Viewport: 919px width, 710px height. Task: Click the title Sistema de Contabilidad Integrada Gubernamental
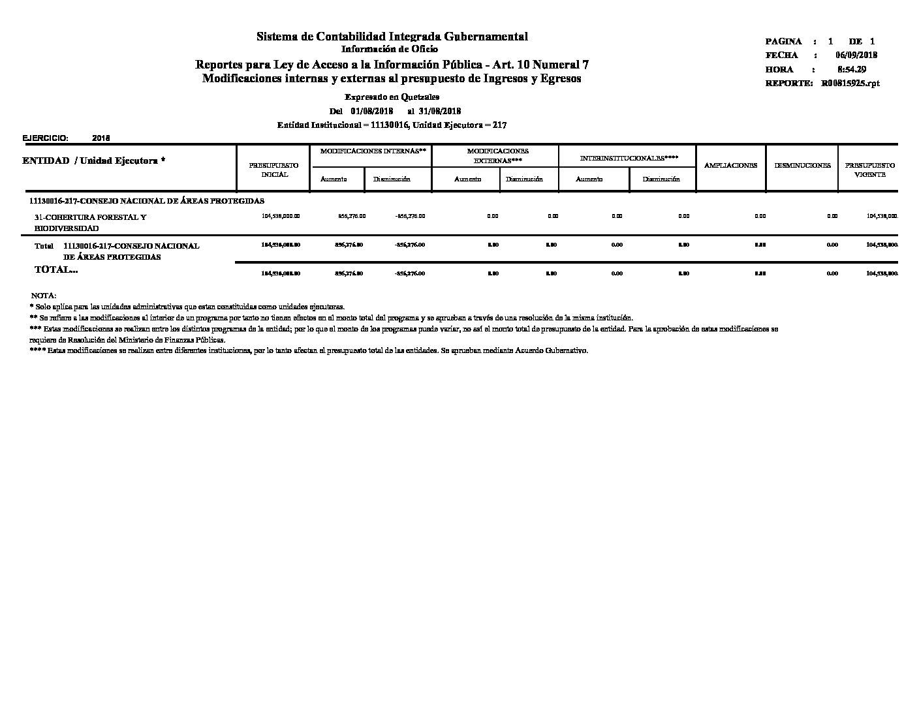coord(392,37)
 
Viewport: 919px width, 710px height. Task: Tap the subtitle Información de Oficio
coord(390,49)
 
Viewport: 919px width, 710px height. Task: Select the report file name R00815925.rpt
coord(850,84)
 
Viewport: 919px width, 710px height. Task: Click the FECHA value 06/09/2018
coord(856,55)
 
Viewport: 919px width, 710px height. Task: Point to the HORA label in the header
coord(779,69)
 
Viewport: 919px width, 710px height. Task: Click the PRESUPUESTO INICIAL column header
coord(274,170)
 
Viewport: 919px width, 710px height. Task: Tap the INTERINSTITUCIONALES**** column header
coord(629,158)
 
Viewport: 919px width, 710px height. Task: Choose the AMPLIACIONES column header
coord(730,166)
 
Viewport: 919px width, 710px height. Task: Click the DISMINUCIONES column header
coord(802,166)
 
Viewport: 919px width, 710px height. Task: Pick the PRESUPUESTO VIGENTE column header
coord(869,170)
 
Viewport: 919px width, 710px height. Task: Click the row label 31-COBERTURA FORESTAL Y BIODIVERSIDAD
coord(90,223)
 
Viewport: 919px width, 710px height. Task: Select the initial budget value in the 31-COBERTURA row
coord(281,216)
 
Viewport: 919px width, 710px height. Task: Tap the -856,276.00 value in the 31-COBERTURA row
coord(410,216)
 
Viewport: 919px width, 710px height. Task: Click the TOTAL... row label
coord(56,270)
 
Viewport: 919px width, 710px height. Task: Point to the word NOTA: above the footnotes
coord(44,296)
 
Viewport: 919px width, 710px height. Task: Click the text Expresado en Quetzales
coord(392,97)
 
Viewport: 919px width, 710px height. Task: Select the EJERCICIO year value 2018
coord(101,138)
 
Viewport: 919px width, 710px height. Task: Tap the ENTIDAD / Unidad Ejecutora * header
coord(93,161)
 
